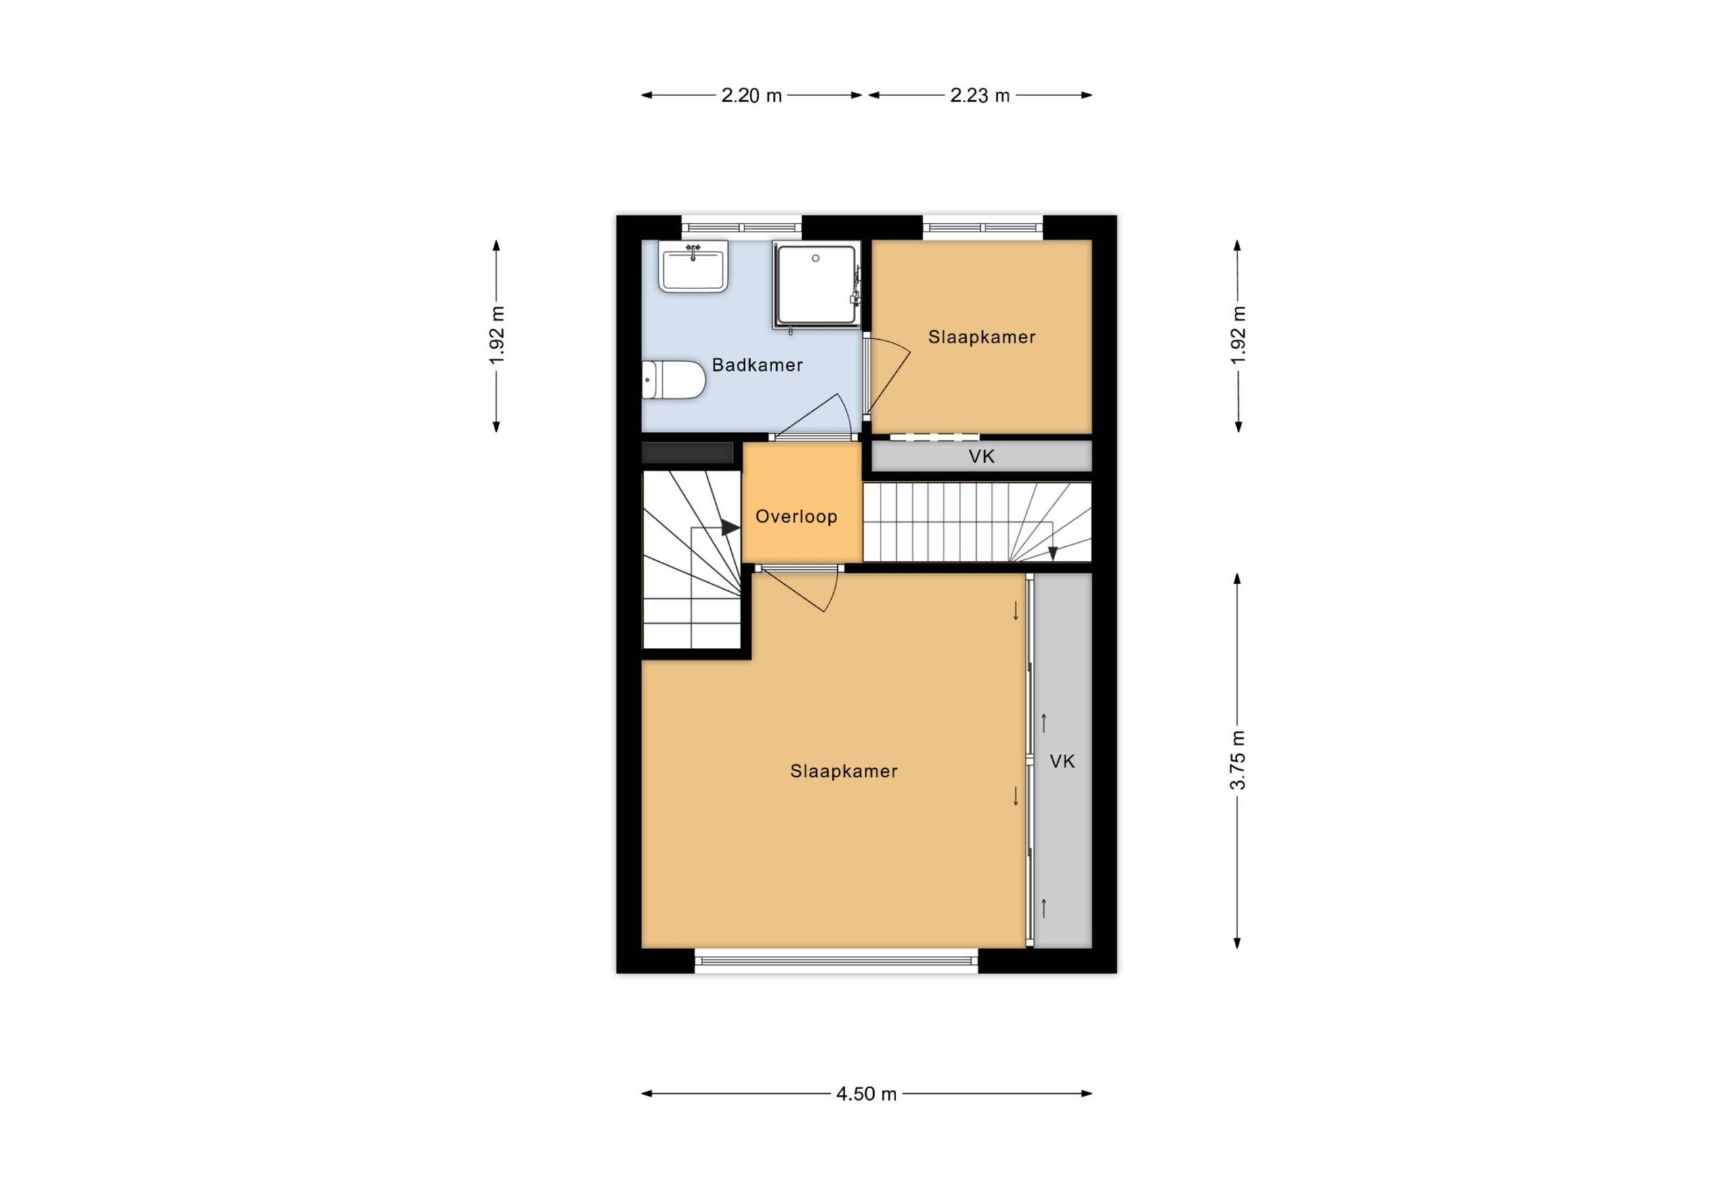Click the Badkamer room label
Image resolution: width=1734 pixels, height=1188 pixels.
coord(757,365)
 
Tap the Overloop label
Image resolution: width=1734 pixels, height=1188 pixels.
coord(796,516)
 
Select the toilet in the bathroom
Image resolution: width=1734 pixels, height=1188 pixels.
coord(674,380)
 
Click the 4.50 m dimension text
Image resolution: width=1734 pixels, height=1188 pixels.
coord(866,1094)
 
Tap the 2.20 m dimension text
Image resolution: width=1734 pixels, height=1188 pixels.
coord(751,95)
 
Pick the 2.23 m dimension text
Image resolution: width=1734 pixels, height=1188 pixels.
coord(979,95)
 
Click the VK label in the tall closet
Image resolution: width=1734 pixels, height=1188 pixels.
coord(1062,762)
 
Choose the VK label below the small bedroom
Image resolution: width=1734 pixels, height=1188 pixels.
coord(981,456)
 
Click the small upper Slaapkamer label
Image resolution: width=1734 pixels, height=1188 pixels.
coord(982,337)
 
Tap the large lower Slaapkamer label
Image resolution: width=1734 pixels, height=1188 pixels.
coord(844,771)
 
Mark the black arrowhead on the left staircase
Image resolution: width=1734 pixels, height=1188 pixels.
coord(730,528)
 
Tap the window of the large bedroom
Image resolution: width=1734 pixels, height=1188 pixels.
coord(837,961)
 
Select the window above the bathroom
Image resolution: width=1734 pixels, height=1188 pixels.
coord(742,227)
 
